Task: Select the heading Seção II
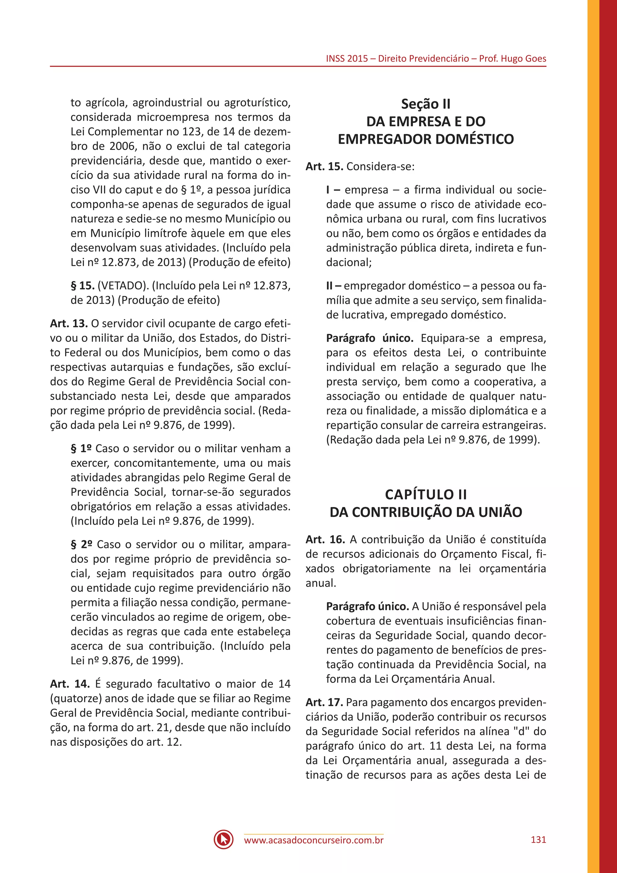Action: tap(425, 104)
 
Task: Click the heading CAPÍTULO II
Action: tap(425, 494)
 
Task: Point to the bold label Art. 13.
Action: tap(69, 323)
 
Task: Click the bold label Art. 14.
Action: tap(70, 684)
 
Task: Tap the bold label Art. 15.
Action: tap(324, 166)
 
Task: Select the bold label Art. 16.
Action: tap(325, 539)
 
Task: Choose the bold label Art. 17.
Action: tap(324, 702)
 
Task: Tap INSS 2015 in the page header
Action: tap(346, 58)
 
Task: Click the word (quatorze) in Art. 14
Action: tap(76, 698)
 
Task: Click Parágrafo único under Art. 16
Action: tap(367, 607)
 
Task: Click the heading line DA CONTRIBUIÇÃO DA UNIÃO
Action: tap(425, 512)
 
